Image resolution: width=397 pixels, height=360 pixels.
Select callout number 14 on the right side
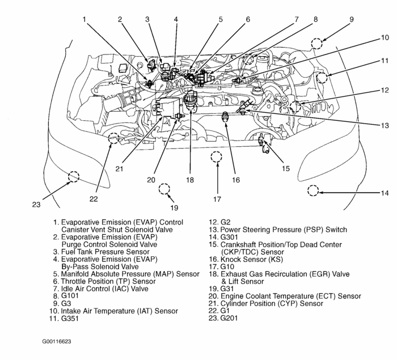pos(385,193)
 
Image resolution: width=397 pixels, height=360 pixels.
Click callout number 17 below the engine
pos(217,200)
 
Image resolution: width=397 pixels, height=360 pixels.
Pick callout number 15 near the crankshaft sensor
pos(286,168)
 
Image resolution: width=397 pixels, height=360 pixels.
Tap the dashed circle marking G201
pos(73,176)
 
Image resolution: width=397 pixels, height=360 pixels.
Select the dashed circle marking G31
pos(164,189)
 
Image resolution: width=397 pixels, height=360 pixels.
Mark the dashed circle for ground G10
pos(216,157)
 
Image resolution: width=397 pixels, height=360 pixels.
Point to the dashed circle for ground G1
pos(113,137)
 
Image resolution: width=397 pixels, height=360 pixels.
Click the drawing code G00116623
pos(57,342)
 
